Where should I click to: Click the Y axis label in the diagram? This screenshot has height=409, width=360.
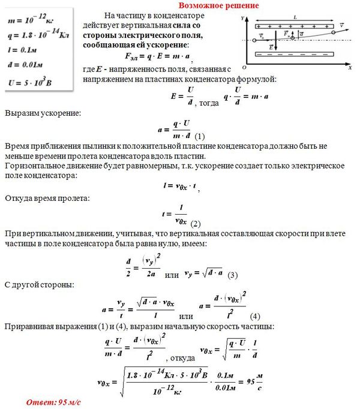click(x=242, y=19)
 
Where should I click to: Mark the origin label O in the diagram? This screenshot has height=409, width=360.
click(x=244, y=67)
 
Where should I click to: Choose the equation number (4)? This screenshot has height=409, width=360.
click(x=255, y=316)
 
